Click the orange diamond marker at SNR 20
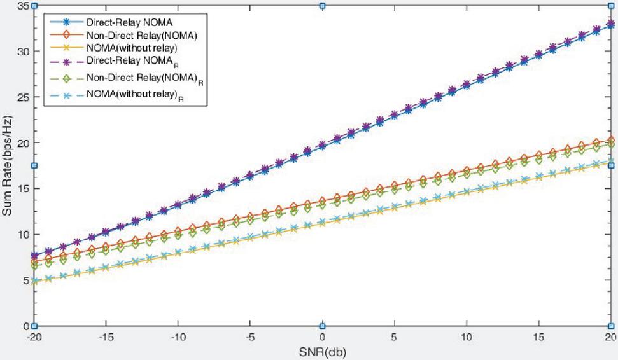pyautogui.click(x=610, y=141)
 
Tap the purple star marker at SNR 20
pyautogui.click(x=610, y=24)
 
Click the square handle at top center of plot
pyautogui.click(x=322, y=6)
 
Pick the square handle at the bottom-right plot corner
pyautogui.click(x=610, y=326)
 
